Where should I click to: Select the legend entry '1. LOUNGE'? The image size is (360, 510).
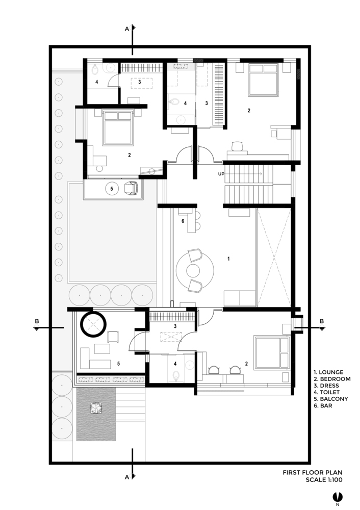tap(328, 372)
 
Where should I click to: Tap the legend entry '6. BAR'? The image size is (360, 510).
tap(323, 405)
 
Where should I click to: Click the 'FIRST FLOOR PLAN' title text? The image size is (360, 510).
tap(313, 472)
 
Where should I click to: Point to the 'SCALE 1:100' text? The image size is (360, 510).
tap(324, 480)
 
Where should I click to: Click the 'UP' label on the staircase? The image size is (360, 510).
tap(221, 174)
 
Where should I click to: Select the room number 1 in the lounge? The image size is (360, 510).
tap(228, 259)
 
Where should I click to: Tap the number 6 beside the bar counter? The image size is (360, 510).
tap(183, 221)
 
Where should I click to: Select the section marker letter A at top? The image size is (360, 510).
tap(127, 29)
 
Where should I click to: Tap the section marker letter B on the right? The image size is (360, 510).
tap(322, 321)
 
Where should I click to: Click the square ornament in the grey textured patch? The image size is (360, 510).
tap(96, 408)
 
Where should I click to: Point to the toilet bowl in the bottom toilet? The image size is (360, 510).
tap(176, 376)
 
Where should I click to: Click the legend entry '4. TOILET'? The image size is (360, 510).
tap(326, 392)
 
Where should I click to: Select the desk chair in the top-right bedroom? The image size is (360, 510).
tap(238, 146)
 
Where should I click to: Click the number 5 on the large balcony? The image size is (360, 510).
tap(118, 364)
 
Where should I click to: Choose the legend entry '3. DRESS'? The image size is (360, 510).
tap(326, 386)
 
